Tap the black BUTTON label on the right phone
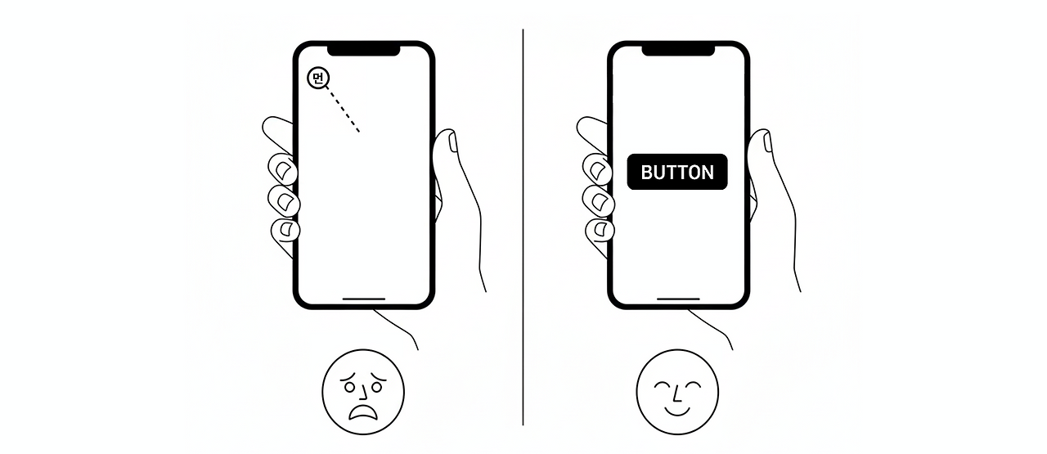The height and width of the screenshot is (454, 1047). pos(677,172)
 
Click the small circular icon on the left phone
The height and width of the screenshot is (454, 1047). pos(318,79)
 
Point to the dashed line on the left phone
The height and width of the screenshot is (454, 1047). pos(344,111)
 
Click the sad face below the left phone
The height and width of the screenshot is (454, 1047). pos(362,391)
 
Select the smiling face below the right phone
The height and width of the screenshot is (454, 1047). pos(676,392)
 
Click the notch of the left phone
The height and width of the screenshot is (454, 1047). pos(363,49)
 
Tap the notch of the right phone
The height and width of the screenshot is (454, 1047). pos(678,49)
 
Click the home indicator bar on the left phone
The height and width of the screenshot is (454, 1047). pos(363,299)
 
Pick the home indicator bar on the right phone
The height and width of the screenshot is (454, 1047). pos(678,299)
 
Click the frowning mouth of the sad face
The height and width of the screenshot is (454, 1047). pos(362,409)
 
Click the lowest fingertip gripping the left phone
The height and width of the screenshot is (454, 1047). pos(285,230)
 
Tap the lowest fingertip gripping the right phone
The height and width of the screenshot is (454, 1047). pos(600,230)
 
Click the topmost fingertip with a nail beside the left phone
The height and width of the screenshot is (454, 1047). pos(284,169)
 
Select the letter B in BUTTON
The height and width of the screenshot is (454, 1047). pos(647,173)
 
